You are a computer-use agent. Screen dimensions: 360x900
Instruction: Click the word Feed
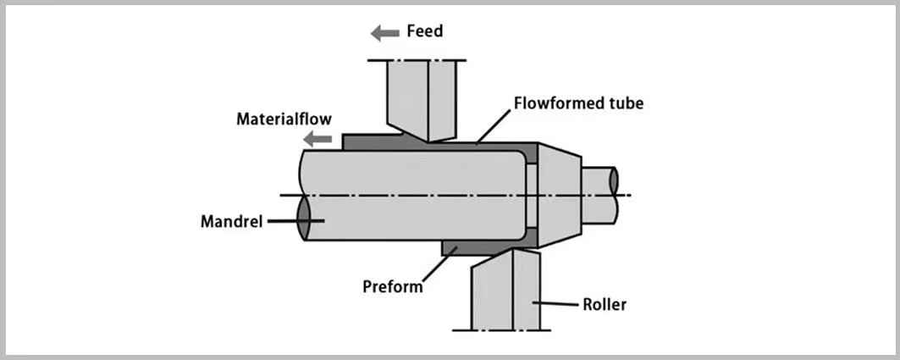coord(424,32)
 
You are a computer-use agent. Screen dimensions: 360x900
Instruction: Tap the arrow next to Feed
coord(385,33)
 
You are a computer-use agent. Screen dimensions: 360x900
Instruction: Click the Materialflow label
coord(284,119)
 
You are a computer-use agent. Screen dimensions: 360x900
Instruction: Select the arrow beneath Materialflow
coord(319,138)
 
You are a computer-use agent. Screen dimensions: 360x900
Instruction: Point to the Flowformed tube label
coord(578,103)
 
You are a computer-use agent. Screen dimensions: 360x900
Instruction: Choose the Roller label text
coord(605,304)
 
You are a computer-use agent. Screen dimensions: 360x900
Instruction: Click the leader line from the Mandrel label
coord(284,221)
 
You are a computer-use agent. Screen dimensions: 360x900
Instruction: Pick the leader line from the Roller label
coord(555,304)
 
